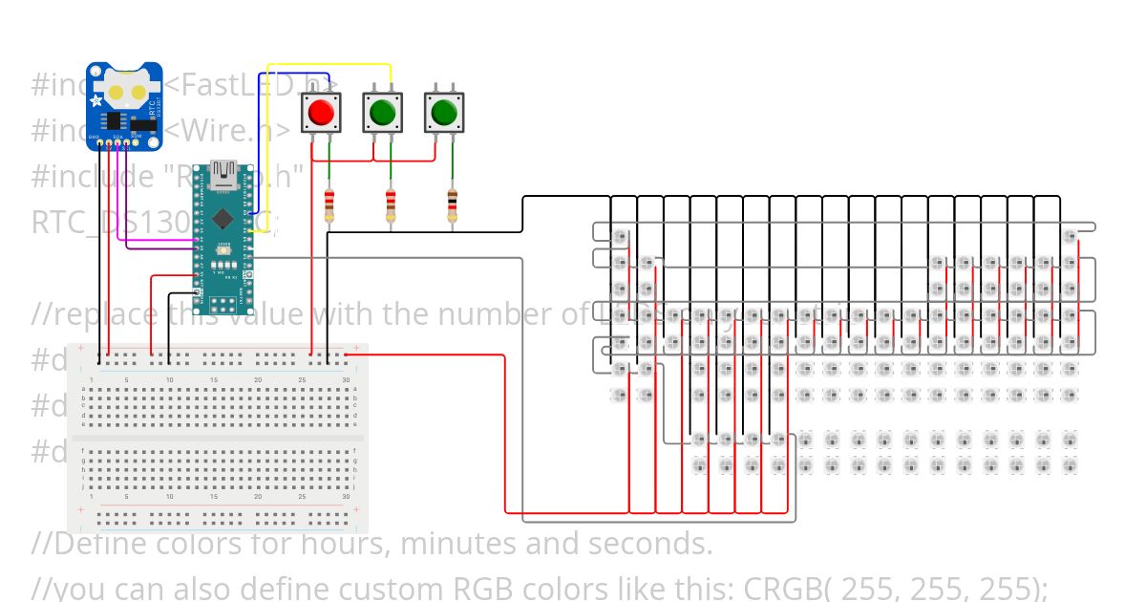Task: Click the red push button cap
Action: point(322,113)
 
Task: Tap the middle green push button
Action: point(382,113)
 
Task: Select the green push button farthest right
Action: point(442,113)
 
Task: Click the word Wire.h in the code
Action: point(239,130)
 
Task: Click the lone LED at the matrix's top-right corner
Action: point(1070,236)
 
